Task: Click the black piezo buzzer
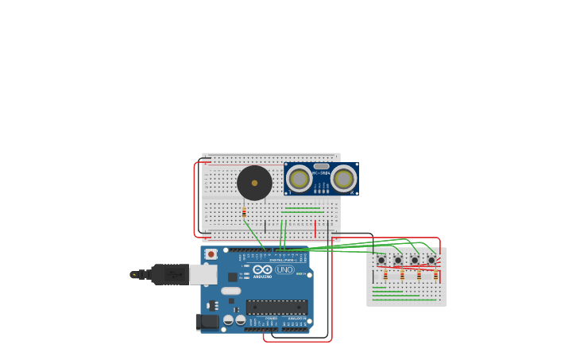click(x=254, y=183)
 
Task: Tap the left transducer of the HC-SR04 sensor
click(x=300, y=179)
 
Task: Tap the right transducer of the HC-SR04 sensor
click(x=343, y=179)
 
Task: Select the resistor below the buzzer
click(x=244, y=212)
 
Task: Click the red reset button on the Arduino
click(x=211, y=254)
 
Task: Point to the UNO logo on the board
click(x=284, y=269)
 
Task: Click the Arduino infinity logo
click(x=263, y=269)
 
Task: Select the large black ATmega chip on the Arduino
click(x=276, y=307)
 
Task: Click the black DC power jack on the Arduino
click(x=207, y=321)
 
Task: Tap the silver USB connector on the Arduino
click(x=203, y=274)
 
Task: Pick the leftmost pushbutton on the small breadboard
click(x=381, y=260)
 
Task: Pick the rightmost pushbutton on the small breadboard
click(x=431, y=260)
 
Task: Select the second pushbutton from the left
click(x=398, y=260)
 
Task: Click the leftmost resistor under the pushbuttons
click(x=385, y=276)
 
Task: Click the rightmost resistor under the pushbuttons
click(x=435, y=276)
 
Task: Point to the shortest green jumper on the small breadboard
click(x=379, y=288)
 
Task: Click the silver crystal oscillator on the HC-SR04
click(x=321, y=166)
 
